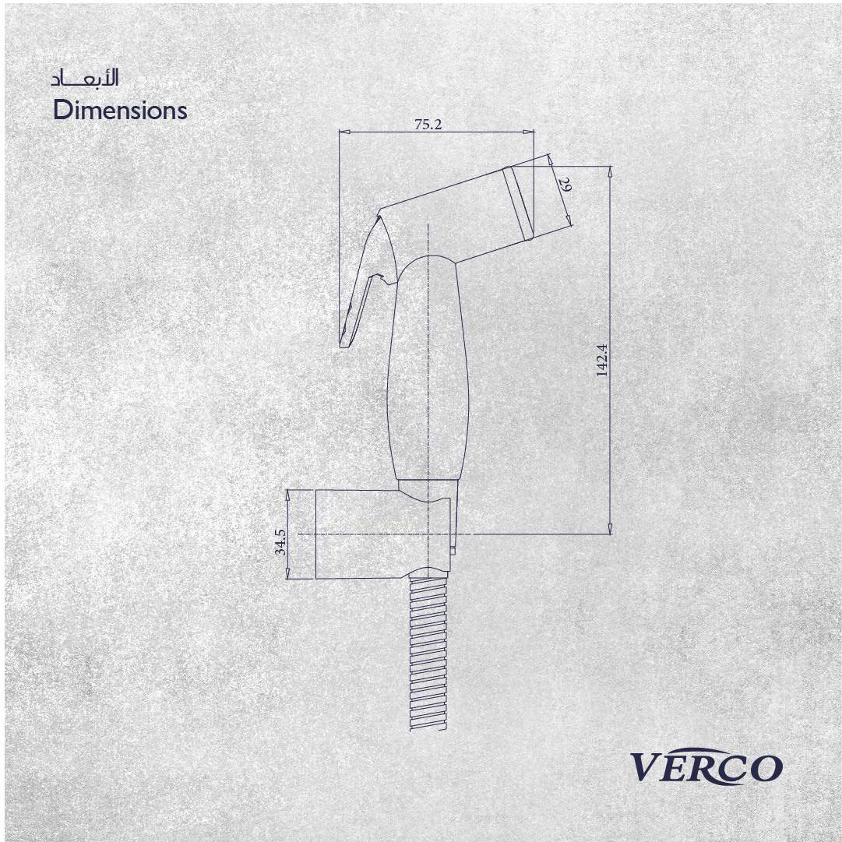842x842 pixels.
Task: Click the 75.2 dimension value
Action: [428, 124]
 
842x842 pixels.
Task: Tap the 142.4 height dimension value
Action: [602, 360]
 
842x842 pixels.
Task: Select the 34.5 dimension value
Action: [280, 541]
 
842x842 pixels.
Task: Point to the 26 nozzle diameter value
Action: [565, 185]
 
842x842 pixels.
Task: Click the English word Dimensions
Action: [120, 110]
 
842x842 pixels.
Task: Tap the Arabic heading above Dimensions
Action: [85, 78]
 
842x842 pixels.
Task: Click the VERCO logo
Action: [706, 766]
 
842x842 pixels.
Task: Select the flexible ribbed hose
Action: [428, 654]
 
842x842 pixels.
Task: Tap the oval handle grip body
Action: [428, 368]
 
